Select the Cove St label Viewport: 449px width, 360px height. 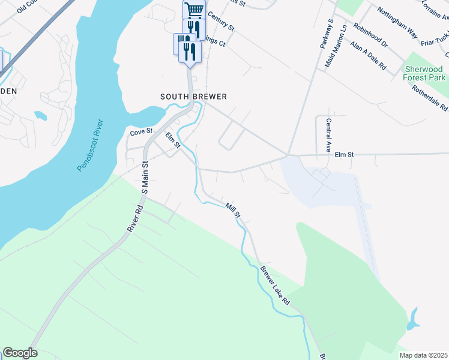(x=142, y=131)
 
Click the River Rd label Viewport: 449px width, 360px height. (x=134, y=220)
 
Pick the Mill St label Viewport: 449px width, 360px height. (x=233, y=210)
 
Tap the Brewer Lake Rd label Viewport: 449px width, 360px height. (x=275, y=286)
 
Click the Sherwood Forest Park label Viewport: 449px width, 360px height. (x=424, y=73)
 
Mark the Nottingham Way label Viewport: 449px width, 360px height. (x=396, y=23)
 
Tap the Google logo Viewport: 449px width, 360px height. (x=20, y=353)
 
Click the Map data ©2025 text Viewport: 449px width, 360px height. (x=422, y=354)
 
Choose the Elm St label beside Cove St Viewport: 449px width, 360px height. (x=173, y=140)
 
